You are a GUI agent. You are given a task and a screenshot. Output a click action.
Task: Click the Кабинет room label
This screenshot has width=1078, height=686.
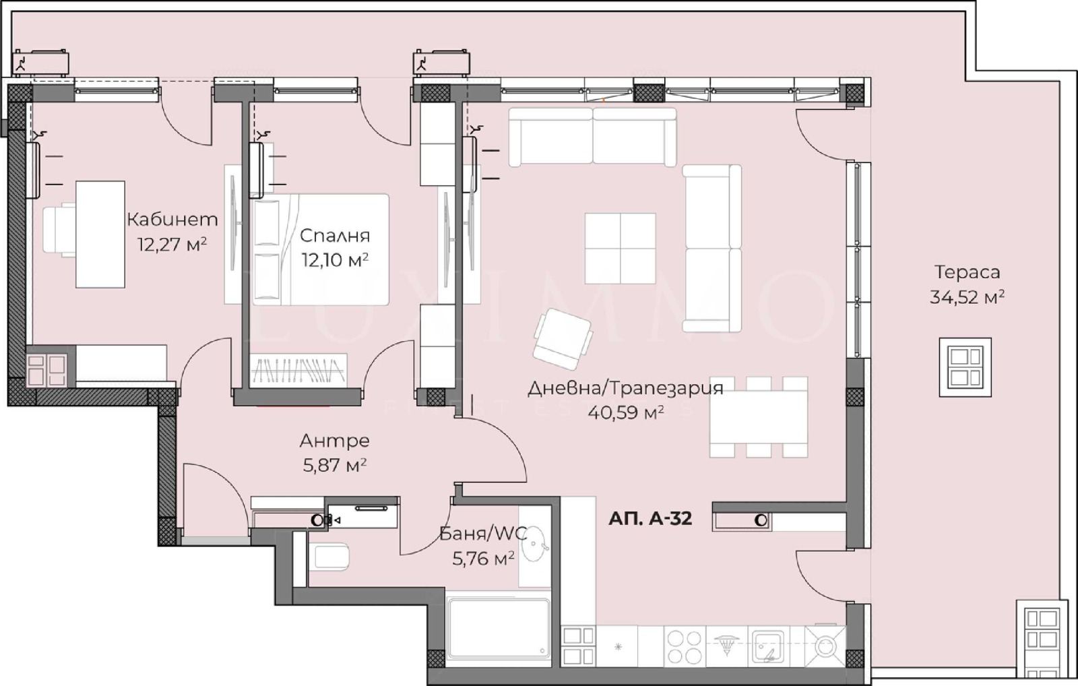[172, 220]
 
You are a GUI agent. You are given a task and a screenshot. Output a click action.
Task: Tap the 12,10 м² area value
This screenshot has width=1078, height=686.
[334, 260]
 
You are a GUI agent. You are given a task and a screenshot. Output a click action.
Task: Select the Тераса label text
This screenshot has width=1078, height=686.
[967, 272]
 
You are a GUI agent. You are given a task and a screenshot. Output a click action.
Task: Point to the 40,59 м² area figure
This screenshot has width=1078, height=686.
[626, 412]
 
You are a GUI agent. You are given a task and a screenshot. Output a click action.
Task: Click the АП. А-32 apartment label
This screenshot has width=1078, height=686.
[649, 519]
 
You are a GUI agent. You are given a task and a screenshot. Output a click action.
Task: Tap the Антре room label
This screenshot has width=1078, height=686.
[334, 441]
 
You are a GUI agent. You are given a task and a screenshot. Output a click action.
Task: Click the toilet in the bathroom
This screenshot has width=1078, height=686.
[331, 557]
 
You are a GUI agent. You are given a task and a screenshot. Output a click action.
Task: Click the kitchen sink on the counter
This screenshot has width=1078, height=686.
[767, 646]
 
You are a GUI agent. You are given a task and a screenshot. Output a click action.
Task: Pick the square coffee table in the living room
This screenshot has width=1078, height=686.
[620, 248]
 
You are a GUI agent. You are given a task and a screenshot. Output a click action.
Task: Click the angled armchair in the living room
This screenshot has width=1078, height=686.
[563, 338]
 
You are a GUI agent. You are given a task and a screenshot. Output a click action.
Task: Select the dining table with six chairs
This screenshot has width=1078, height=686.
[758, 416]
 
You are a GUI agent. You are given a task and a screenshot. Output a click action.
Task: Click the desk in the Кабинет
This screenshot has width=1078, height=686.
[100, 234]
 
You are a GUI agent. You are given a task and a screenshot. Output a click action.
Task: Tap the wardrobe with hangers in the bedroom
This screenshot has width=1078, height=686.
[298, 370]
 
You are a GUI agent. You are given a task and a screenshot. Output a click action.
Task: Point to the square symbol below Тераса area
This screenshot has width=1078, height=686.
[965, 367]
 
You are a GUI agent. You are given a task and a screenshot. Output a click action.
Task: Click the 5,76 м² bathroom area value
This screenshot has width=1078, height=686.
[483, 558]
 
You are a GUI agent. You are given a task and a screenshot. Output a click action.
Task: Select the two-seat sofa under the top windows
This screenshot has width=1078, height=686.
[592, 137]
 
